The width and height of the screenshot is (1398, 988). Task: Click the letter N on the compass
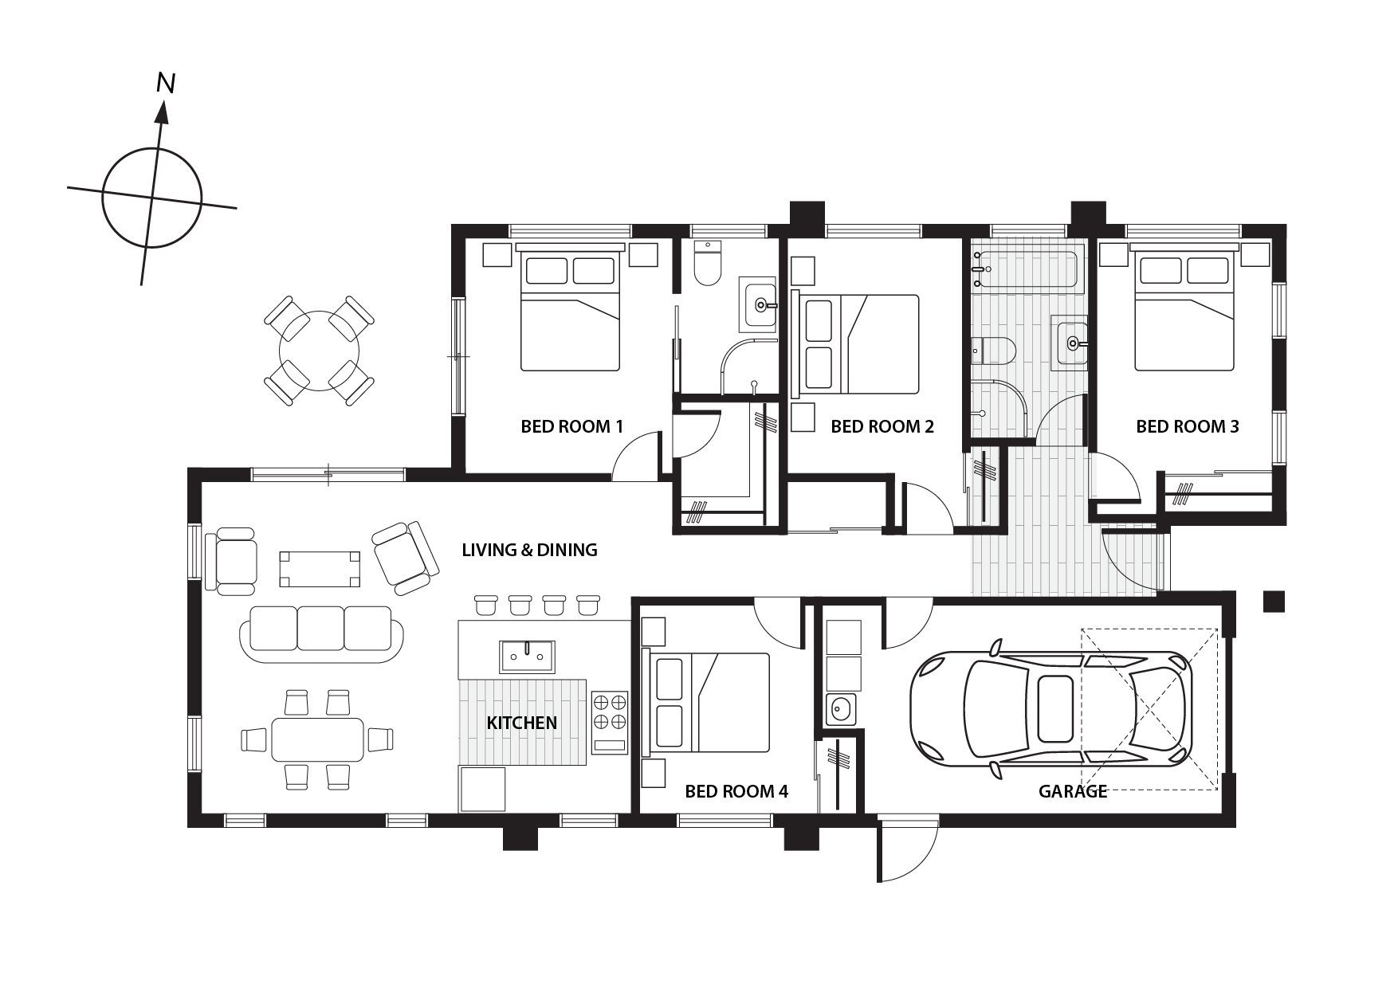tap(166, 83)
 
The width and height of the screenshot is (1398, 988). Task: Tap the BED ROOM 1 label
tap(571, 426)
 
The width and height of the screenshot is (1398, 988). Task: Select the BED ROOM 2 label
tap(882, 426)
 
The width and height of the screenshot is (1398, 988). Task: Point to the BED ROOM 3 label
tap(1188, 426)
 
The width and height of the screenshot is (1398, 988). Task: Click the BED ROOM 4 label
tap(736, 791)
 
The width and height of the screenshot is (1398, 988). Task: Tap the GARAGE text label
tap(1073, 791)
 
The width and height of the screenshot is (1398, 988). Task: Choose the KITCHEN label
tap(522, 723)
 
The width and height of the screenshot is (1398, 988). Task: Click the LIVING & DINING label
tap(530, 549)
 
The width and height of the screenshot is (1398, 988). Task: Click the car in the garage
tap(1051, 709)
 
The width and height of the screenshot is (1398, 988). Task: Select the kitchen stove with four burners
tap(610, 723)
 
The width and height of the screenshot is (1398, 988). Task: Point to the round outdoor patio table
tap(319, 350)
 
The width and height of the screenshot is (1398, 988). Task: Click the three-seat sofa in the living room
tap(322, 633)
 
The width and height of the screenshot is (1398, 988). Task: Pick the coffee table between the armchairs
tap(317, 568)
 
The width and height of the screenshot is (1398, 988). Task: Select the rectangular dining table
tap(318, 740)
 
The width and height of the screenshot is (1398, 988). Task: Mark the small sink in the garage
tap(839, 708)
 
